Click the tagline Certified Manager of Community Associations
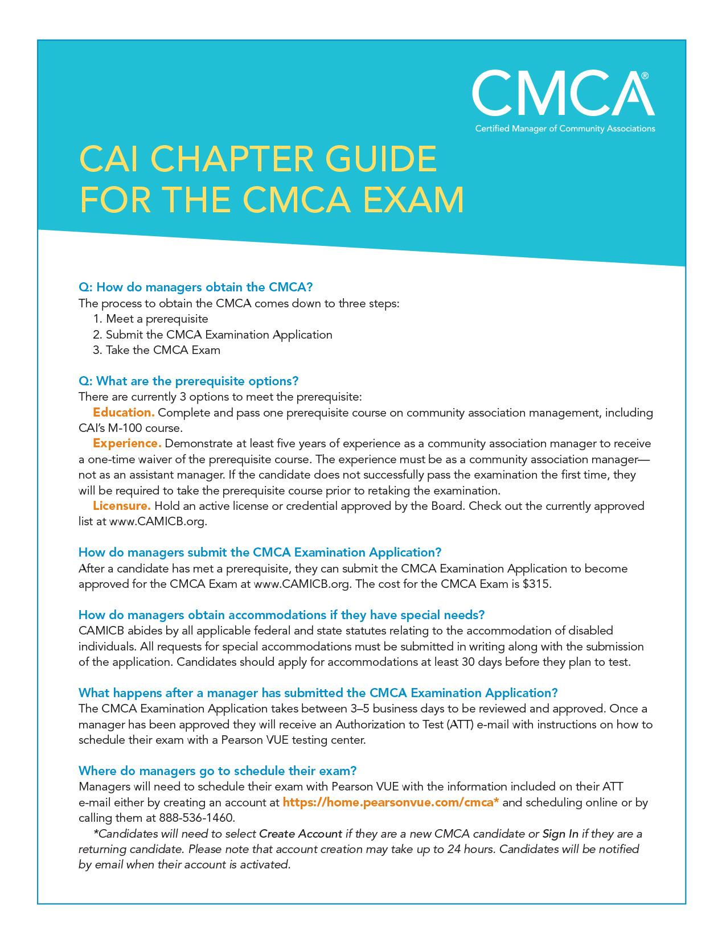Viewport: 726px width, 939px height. (565, 129)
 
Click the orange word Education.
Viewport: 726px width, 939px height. (124, 412)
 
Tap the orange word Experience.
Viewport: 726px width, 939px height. (127, 443)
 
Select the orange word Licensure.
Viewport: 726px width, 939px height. (122, 506)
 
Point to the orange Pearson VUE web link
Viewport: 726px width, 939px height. (391, 802)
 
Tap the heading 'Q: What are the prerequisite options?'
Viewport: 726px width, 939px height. (188, 381)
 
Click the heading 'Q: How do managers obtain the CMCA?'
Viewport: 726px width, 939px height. (195, 287)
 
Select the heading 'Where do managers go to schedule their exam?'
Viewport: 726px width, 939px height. (218, 771)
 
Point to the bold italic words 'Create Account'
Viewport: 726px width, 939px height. (301, 834)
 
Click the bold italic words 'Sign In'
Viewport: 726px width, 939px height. (560, 834)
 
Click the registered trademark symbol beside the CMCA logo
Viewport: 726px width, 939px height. (644, 75)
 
